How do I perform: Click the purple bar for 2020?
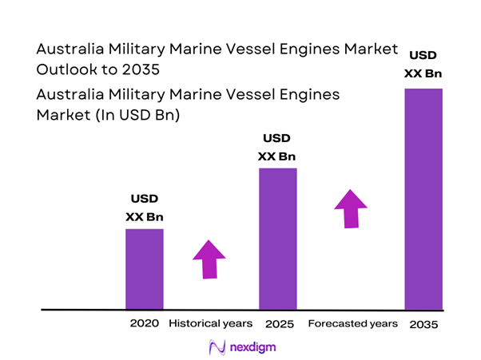coord(144,269)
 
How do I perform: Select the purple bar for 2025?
coord(277,239)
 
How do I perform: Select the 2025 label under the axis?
coord(277,324)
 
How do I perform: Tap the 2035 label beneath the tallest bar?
coord(423,324)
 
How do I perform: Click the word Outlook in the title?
coord(68,69)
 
